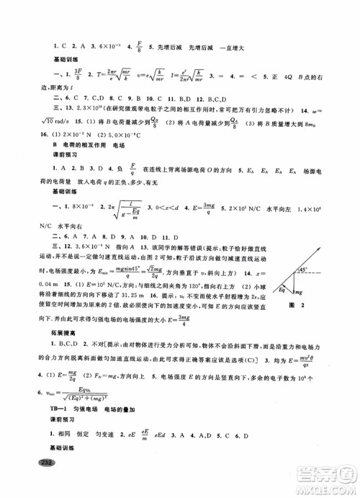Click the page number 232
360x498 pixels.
click(x=29, y=482)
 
